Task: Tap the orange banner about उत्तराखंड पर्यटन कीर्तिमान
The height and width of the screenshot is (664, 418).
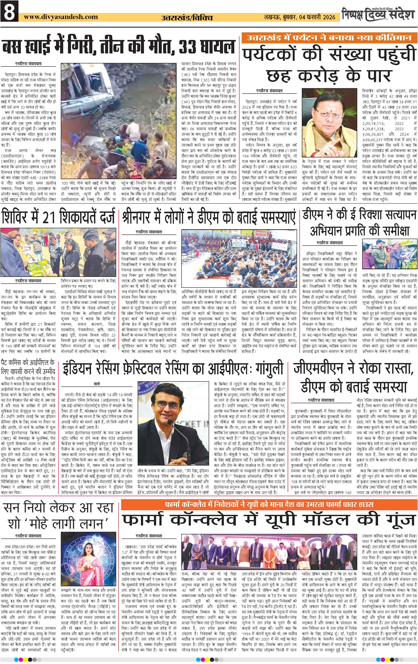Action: tap(328, 38)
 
